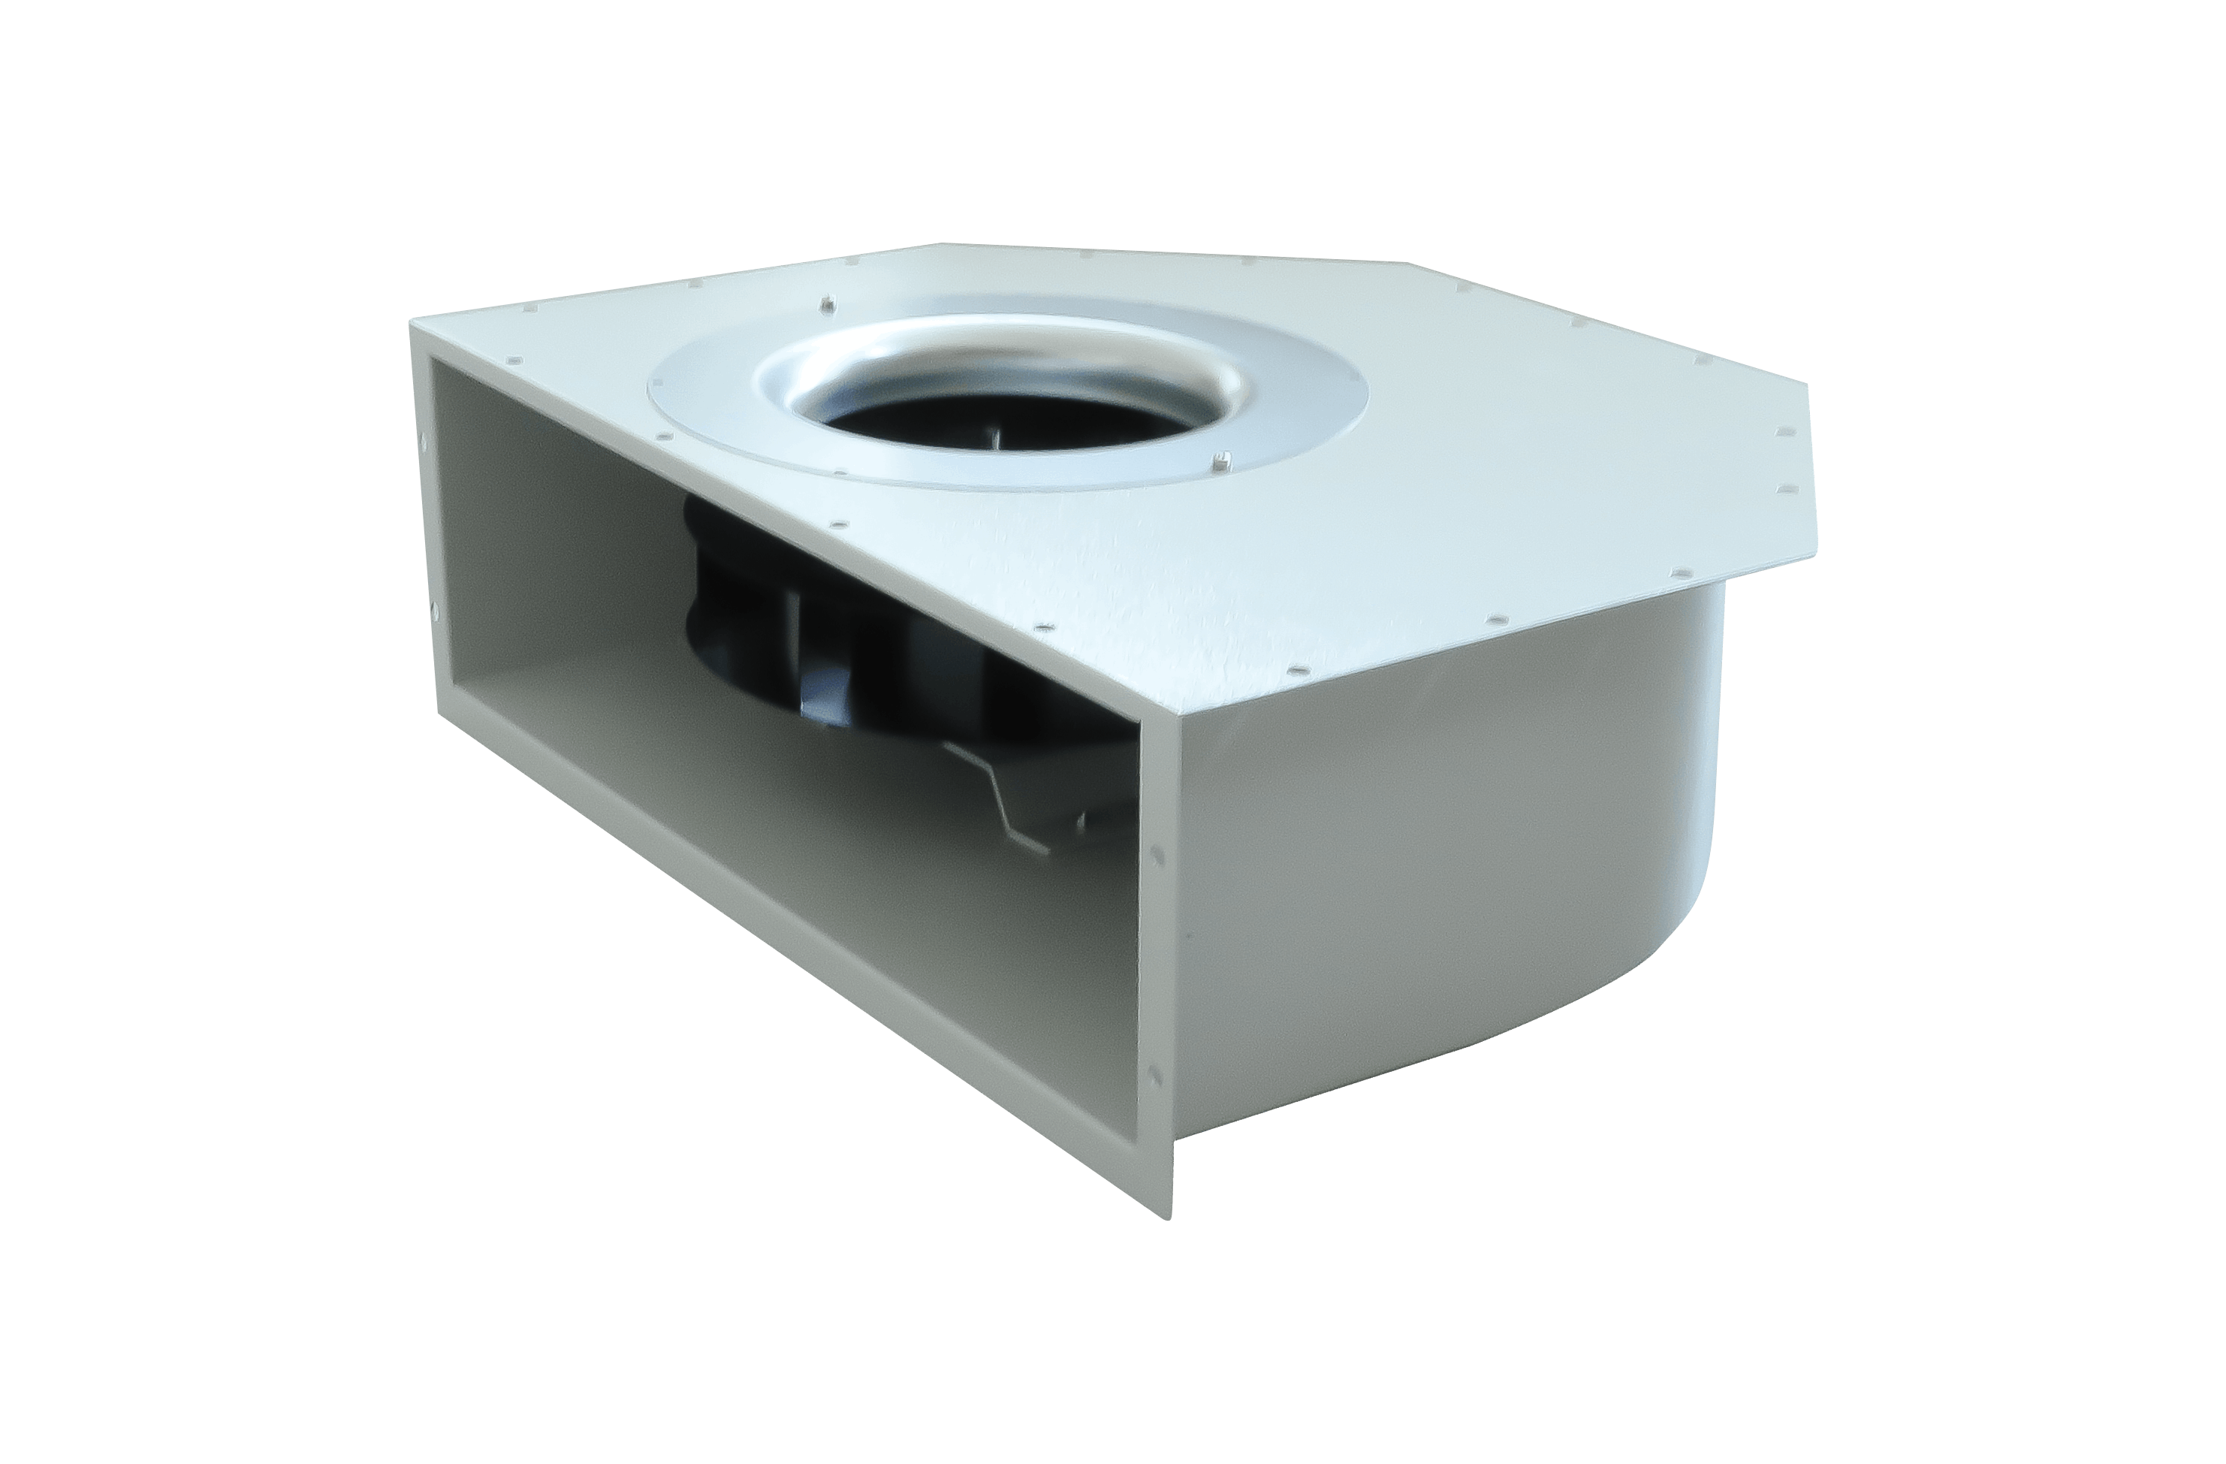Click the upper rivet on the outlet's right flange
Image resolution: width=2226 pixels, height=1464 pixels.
coord(1160,853)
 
